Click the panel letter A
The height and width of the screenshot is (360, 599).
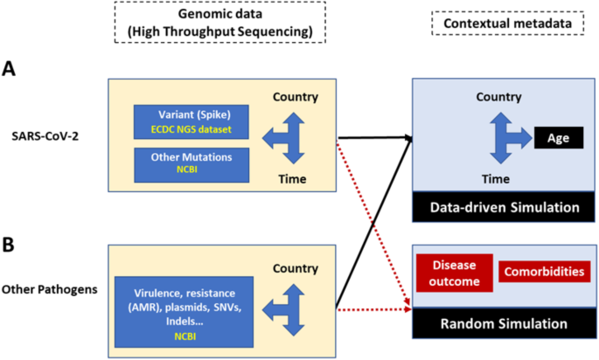tap(10, 69)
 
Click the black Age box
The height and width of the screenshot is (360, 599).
tap(558, 137)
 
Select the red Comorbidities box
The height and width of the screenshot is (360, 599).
tap(543, 273)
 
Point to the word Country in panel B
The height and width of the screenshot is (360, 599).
tap(295, 268)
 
